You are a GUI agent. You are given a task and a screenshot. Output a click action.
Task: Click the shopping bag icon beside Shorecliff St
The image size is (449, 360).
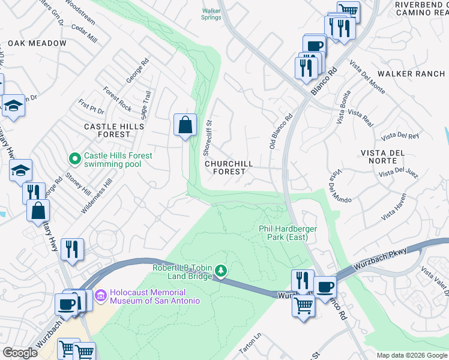[x=185, y=125]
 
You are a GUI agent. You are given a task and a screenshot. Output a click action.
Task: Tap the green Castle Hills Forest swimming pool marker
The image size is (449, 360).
[x=75, y=159]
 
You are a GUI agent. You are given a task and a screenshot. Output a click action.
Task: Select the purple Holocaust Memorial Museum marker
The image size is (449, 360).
[x=100, y=295]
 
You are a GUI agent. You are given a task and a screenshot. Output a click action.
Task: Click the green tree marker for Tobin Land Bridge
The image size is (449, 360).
[x=221, y=272]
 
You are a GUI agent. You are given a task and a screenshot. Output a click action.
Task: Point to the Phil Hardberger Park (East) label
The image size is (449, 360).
[x=283, y=233]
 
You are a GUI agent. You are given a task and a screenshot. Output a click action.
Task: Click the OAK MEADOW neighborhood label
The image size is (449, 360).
[x=37, y=44]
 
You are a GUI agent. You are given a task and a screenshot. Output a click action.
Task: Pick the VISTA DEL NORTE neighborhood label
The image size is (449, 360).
[x=388, y=157]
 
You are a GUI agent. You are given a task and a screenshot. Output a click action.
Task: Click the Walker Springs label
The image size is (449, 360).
[x=211, y=14]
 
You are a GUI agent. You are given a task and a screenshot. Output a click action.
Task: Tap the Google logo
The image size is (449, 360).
[x=20, y=353]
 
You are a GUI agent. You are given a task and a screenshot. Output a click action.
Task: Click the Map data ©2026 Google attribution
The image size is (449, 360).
[x=412, y=355]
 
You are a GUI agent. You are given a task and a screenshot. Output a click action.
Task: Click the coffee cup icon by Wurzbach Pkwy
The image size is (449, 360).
[x=325, y=286]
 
